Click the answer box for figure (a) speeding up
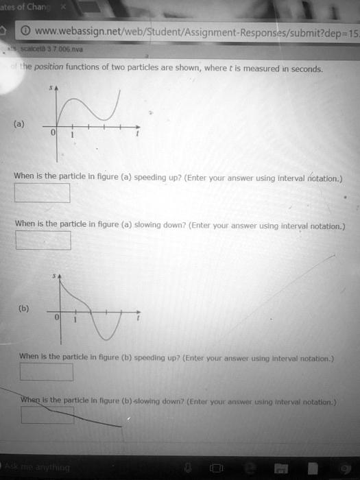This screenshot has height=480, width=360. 43,193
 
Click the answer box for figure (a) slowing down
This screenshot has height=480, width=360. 43,240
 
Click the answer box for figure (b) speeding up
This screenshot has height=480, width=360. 46,371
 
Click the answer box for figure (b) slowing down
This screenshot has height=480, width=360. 47,415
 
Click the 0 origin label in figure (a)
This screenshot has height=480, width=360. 58,136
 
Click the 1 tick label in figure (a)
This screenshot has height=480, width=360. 75,136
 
